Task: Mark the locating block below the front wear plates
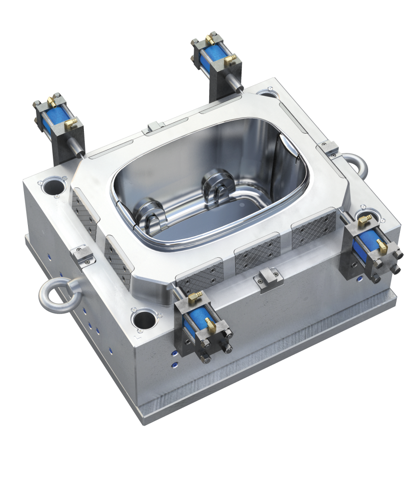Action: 268,276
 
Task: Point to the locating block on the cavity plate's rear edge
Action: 153,128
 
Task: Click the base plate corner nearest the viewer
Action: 144,422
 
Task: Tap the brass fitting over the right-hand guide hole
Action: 363,219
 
